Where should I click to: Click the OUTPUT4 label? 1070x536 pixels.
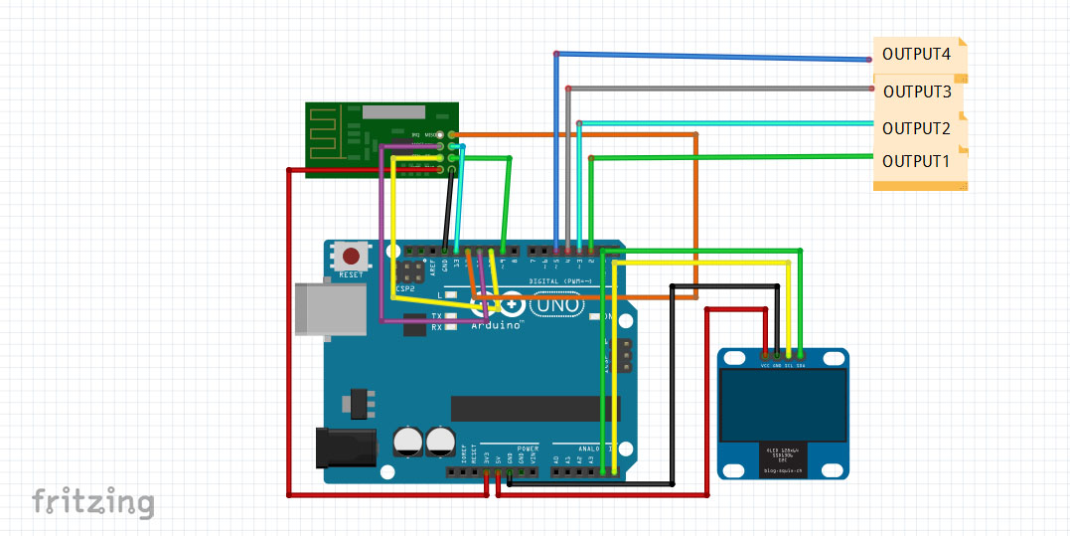(916, 54)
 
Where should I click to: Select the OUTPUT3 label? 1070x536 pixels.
(917, 91)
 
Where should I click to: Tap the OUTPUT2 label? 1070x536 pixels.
(916, 128)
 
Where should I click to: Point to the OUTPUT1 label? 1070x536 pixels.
(916, 160)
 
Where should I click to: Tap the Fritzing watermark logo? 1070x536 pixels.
(92, 502)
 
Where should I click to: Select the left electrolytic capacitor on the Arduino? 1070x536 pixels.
(407, 443)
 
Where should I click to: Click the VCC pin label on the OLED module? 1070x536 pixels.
(765, 365)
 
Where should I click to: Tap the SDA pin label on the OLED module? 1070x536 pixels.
(800, 365)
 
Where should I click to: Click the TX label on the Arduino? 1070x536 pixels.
(436, 316)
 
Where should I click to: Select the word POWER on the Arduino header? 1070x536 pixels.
(528, 449)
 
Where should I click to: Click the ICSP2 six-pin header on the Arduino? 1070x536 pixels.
(410, 270)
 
